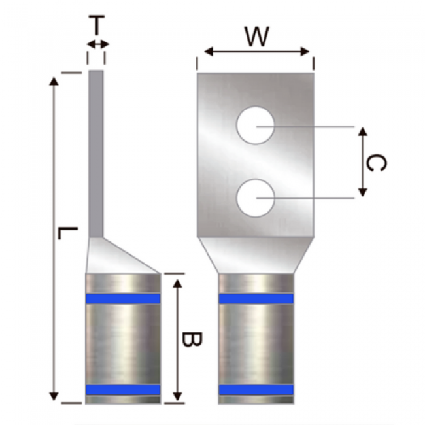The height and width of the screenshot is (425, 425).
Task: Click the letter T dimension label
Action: point(96,26)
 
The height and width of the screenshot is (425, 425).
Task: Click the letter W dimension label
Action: point(256,36)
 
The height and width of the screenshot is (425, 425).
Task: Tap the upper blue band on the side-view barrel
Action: point(123,299)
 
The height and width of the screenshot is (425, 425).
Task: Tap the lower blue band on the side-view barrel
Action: point(123,390)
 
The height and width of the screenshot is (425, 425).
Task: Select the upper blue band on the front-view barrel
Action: point(256,299)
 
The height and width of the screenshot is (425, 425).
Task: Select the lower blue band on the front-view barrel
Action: point(256,390)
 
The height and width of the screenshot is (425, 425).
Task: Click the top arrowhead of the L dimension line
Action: point(54,80)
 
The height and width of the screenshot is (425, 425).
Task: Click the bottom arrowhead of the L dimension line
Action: point(54,396)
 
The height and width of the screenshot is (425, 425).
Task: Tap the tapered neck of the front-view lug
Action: point(256,255)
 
